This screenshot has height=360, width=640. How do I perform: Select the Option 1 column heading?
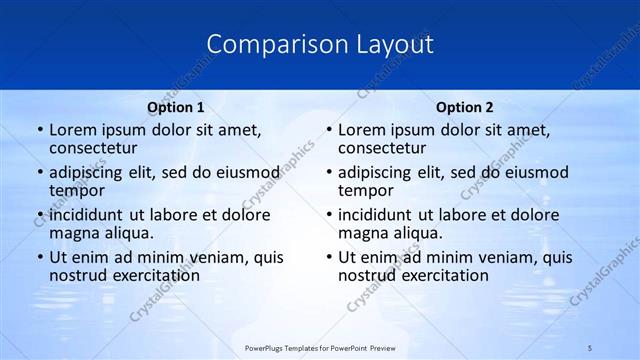[176, 107]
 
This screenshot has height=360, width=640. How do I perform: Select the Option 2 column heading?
[464, 107]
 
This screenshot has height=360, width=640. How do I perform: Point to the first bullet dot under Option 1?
[39, 130]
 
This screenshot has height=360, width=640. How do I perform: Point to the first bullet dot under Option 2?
[328, 130]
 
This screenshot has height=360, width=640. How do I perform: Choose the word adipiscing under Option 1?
[89, 172]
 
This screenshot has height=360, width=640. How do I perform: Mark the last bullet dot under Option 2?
[328, 257]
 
